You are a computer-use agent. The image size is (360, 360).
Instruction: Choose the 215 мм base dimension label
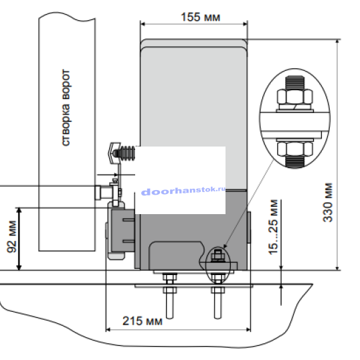[x=144, y=321]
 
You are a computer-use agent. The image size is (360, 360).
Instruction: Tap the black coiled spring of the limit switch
[x=126, y=153]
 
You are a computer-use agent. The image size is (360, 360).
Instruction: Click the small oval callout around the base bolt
[x=217, y=257]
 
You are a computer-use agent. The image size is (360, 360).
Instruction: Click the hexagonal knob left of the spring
[x=114, y=151]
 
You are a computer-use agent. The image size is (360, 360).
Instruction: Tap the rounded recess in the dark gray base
[x=177, y=254]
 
